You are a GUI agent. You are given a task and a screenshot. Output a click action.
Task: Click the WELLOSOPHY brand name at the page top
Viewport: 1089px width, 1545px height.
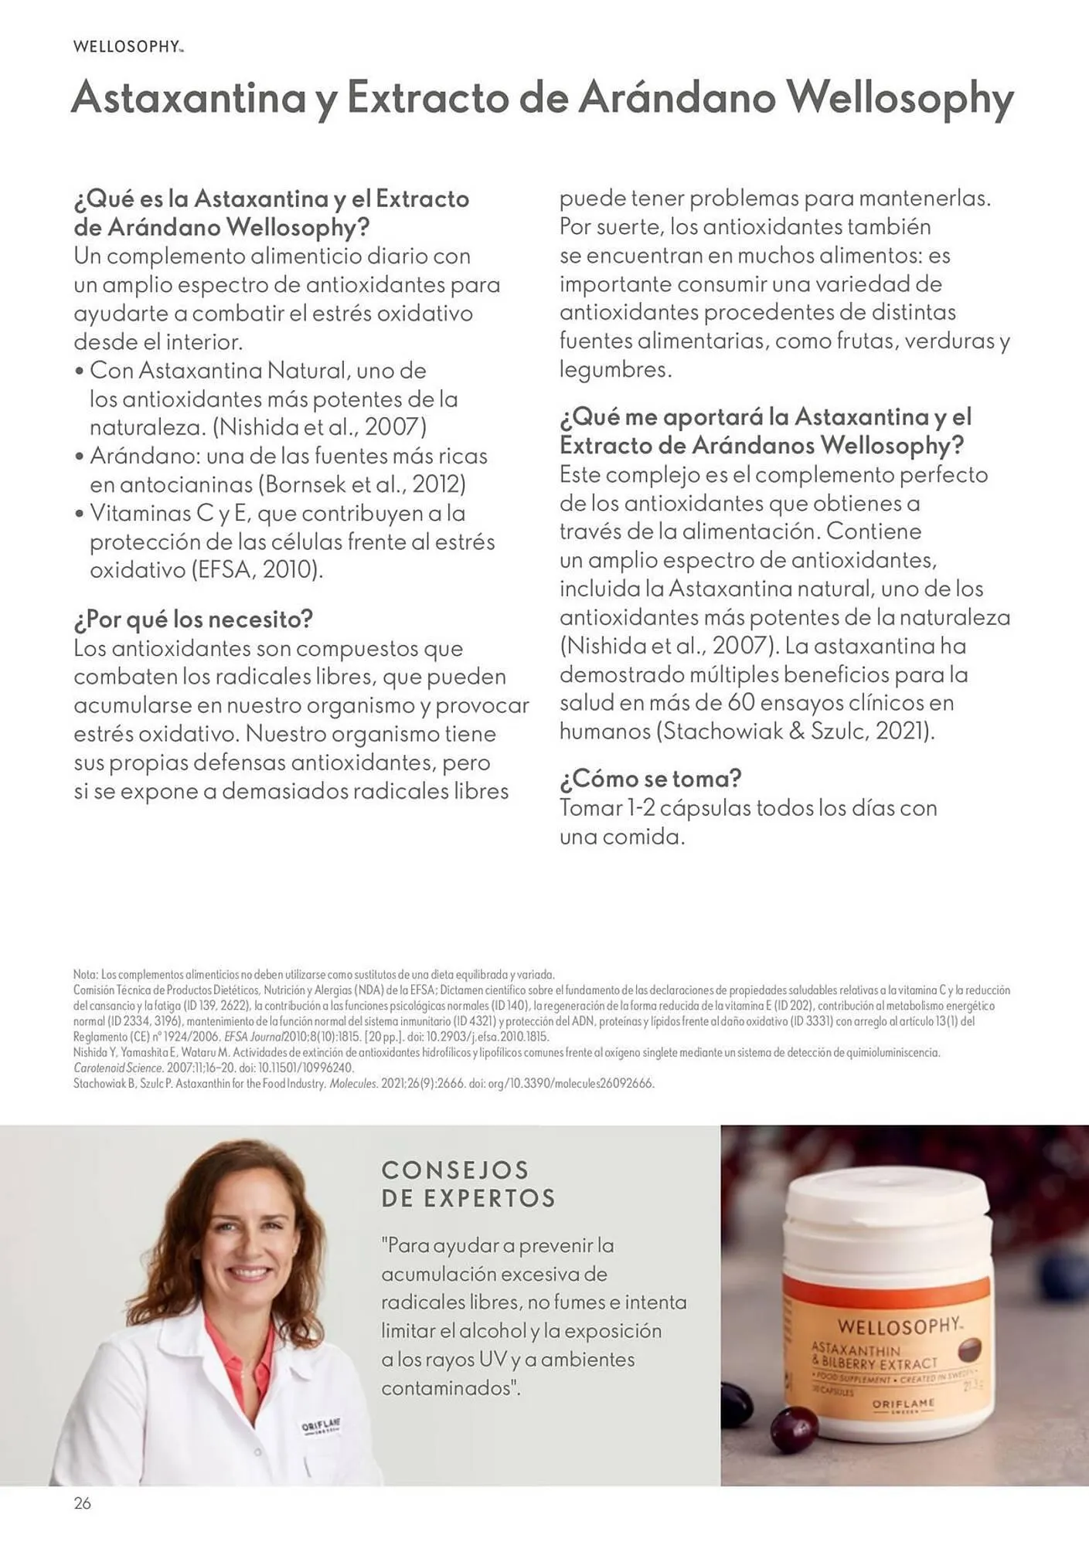[x=128, y=46]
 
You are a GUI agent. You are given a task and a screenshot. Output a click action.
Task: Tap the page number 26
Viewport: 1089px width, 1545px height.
[x=82, y=1503]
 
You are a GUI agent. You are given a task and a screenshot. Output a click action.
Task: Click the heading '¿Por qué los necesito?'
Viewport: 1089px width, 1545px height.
[x=193, y=619]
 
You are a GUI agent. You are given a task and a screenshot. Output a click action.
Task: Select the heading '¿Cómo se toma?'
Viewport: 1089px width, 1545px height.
[x=650, y=778]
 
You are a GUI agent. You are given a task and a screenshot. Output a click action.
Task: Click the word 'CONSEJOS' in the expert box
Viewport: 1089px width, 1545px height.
[x=455, y=1170]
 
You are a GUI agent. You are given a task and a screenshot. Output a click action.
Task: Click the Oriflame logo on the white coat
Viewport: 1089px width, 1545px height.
[x=322, y=1426]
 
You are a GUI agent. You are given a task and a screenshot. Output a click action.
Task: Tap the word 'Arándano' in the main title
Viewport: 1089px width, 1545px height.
[x=677, y=98]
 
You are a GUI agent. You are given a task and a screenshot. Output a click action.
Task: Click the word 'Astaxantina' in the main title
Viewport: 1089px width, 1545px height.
[x=189, y=98]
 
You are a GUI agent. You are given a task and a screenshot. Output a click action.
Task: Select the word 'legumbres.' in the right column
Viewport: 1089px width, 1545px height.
[x=615, y=369]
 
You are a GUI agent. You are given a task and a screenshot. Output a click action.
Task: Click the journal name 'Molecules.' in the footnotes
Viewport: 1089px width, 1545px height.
[x=353, y=1083]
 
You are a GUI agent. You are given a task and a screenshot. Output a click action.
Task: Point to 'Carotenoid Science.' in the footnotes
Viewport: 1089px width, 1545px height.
[x=118, y=1068]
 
